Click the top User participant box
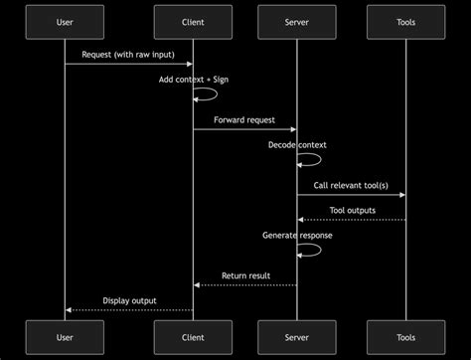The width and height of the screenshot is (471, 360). pos(65,23)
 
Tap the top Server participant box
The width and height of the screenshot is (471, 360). pos(296,23)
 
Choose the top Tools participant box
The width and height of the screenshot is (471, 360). pos(405,23)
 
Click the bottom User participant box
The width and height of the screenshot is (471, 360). pos(65,337)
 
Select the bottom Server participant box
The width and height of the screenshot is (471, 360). pos(296,337)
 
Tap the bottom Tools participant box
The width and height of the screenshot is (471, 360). pos(405,337)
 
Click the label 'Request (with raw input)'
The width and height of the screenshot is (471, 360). pos(128,54)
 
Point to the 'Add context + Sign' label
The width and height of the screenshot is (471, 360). pos(193,80)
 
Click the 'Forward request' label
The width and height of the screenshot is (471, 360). pos(244,119)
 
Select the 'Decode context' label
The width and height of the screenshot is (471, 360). pos(296,145)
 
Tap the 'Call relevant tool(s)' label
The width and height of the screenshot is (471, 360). pos(351,184)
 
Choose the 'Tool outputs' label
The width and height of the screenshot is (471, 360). pos(352,210)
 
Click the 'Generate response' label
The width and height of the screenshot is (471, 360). pos(297,236)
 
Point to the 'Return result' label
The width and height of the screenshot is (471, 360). pos(244,275)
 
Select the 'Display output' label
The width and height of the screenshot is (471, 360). pos(129,300)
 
